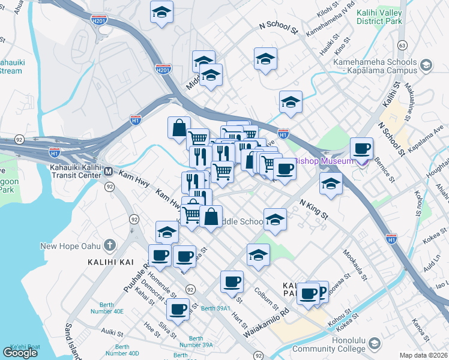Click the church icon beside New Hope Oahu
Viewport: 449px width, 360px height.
click(109, 245)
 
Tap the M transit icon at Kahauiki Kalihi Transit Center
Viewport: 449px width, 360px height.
click(109, 172)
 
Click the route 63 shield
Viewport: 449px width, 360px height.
click(402, 46)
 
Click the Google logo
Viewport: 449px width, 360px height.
click(20, 353)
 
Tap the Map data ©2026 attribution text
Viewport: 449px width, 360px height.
click(423, 355)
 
